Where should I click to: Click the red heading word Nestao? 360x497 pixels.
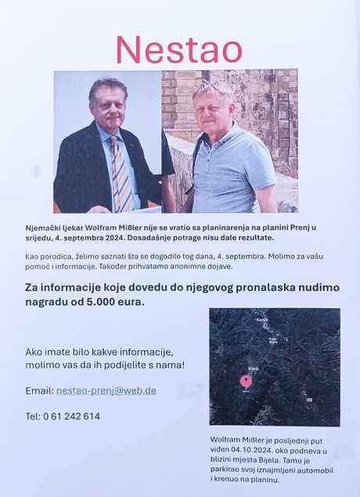[178, 49]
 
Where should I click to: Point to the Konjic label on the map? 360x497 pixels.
[261, 321]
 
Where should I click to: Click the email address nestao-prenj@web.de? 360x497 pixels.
[106, 391]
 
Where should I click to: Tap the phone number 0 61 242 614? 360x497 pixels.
[72, 416]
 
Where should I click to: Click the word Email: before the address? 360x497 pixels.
[39, 391]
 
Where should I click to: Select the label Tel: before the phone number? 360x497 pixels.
[33, 416]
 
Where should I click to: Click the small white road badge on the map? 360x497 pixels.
[308, 399]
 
